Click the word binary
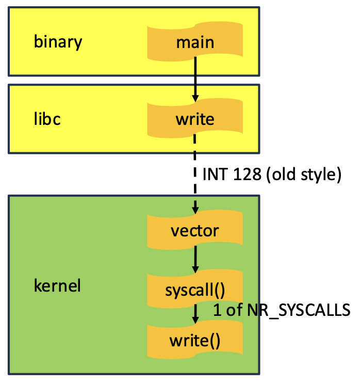(x=58, y=41)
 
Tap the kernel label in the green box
(x=57, y=285)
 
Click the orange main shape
(x=195, y=41)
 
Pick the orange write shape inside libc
(x=195, y=119)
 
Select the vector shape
(x=195, y=230)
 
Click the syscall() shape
(x=195, y=290)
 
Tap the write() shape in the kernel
(x=195, y=340)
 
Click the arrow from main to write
(x=195, y=77)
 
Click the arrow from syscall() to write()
(x=195, y=313)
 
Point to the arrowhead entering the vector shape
(x=195, y=210)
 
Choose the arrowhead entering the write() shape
(x=195, y=320)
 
